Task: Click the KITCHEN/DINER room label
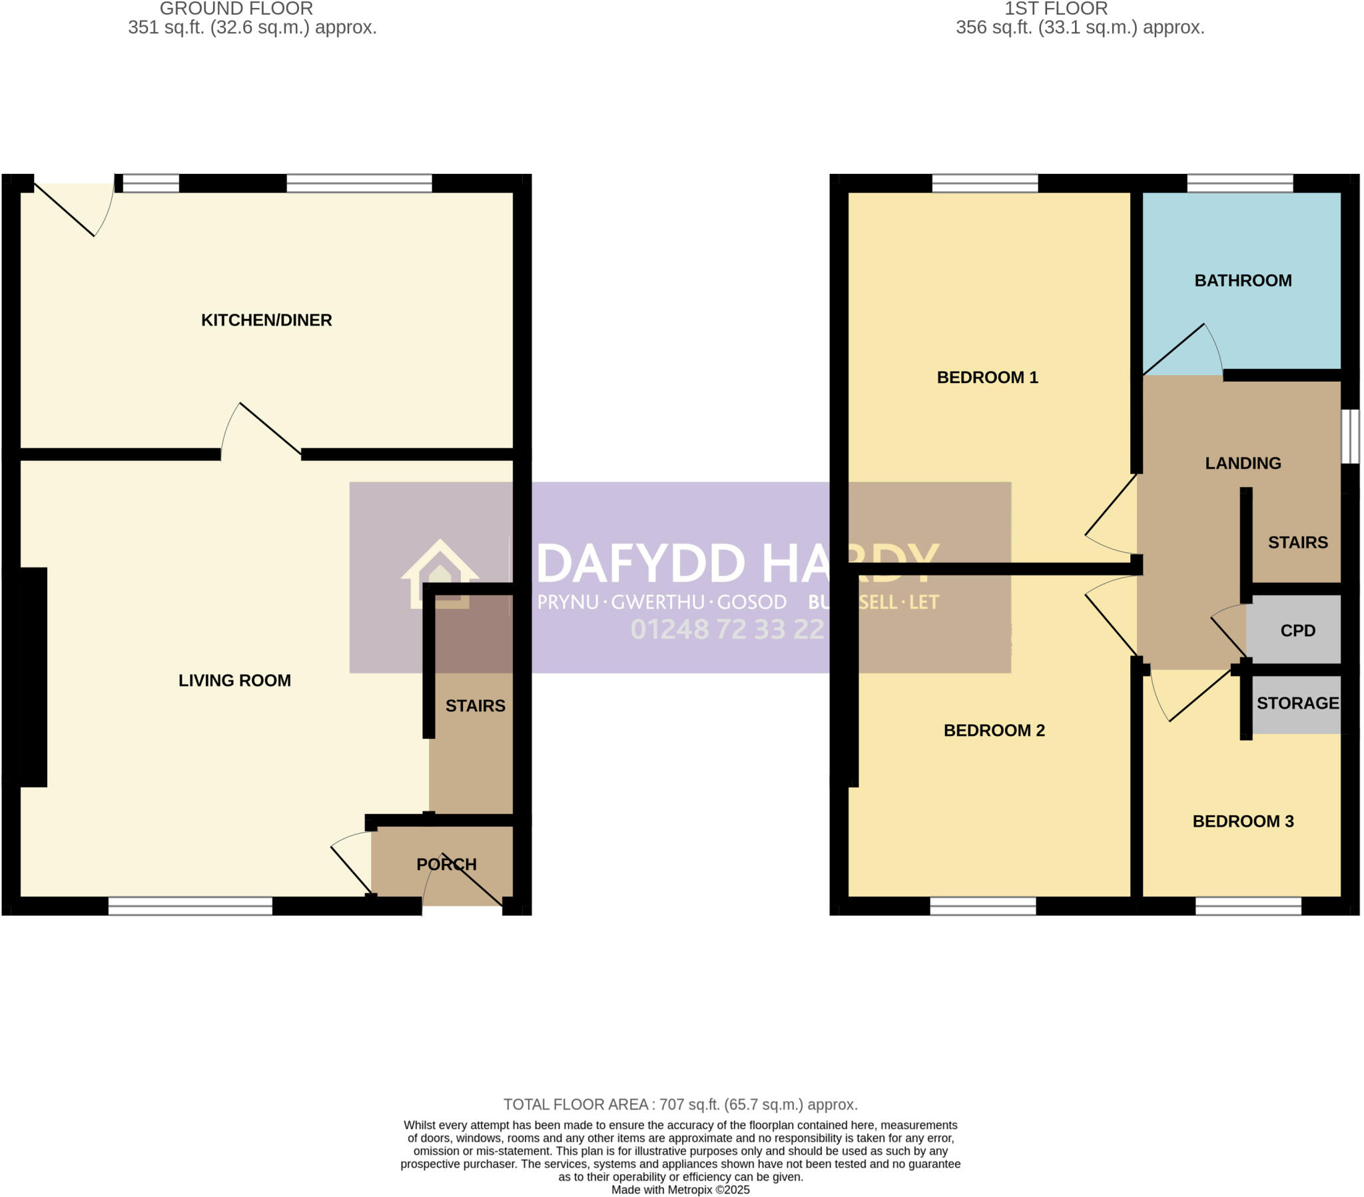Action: click(266, 320)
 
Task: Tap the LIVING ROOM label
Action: click(234, 680)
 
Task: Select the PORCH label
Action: click(446, 864)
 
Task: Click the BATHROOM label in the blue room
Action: click(1243, 280)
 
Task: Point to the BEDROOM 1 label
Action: click(987, 377)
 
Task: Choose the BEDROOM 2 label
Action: click(994, 730)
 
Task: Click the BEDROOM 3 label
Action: click(1243, 821)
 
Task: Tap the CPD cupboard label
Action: click(1297, 630)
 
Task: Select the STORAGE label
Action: click(1297, 703)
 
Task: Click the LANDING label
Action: click(1243, 464)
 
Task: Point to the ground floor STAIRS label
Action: click(475, 705)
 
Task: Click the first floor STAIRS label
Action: click(1297, 542)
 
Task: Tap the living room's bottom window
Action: click(190, 905)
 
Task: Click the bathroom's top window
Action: click(1239, 183)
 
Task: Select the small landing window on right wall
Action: click(1349, 436)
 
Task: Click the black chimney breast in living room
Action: click(32, 676)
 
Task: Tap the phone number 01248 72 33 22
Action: click(727, 629)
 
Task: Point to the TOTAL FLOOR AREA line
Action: click(680, 1104)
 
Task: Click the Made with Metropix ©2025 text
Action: click(680, 1190)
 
